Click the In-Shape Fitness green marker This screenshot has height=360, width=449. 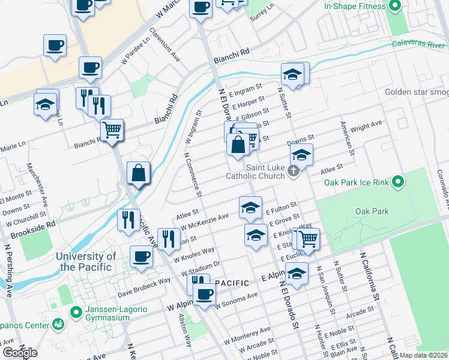point(394,7)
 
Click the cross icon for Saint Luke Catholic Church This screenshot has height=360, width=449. point(294,172)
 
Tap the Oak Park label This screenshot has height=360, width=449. point(372,211)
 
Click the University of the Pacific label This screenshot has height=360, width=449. point(85,262)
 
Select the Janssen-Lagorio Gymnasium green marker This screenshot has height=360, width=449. point(76,311)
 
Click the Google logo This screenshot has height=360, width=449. point(20,353)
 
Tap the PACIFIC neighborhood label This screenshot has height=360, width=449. point(232,283)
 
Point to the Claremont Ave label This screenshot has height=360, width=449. point(164,44)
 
